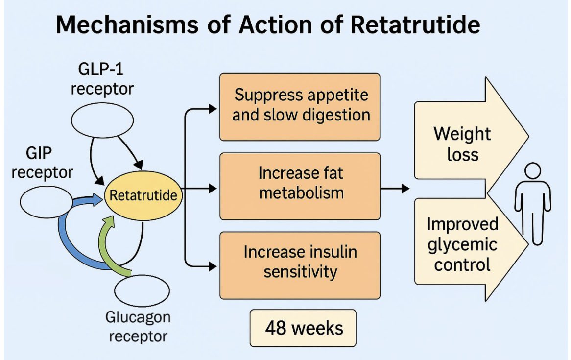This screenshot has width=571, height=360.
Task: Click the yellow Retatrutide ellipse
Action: [x=143, y=196]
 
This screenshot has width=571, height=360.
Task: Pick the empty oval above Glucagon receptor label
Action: [x=143, y=291]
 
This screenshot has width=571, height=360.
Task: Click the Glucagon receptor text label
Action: [x=138, y=327]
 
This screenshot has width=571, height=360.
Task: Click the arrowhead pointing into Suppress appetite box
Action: [x=213, y=109]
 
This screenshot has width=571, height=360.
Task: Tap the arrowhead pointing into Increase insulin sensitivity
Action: [x=213, y=266]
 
